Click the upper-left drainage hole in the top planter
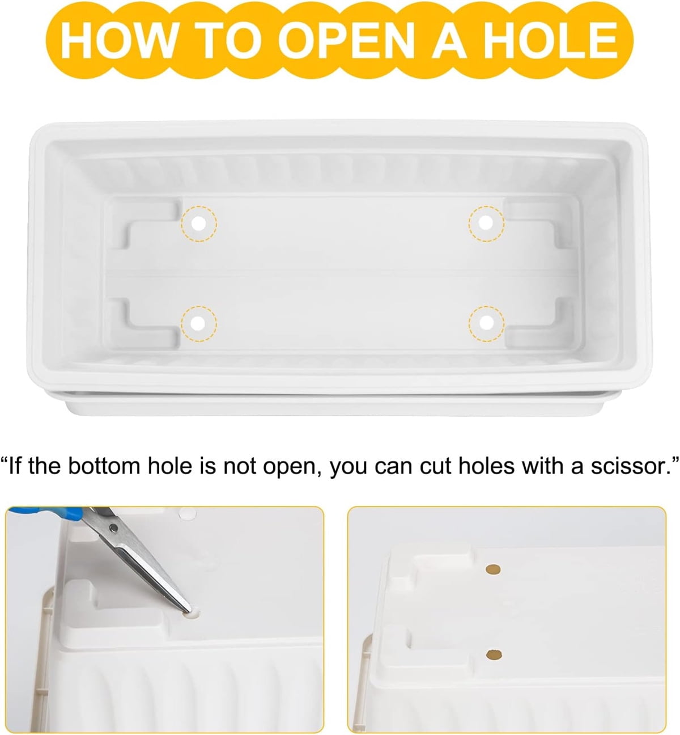199,223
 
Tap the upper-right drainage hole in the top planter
486,223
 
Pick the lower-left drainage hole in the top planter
198,323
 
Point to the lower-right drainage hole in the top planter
486,323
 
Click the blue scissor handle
46,515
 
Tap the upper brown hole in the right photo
493,569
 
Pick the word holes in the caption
486,466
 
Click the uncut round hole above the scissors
188,513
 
